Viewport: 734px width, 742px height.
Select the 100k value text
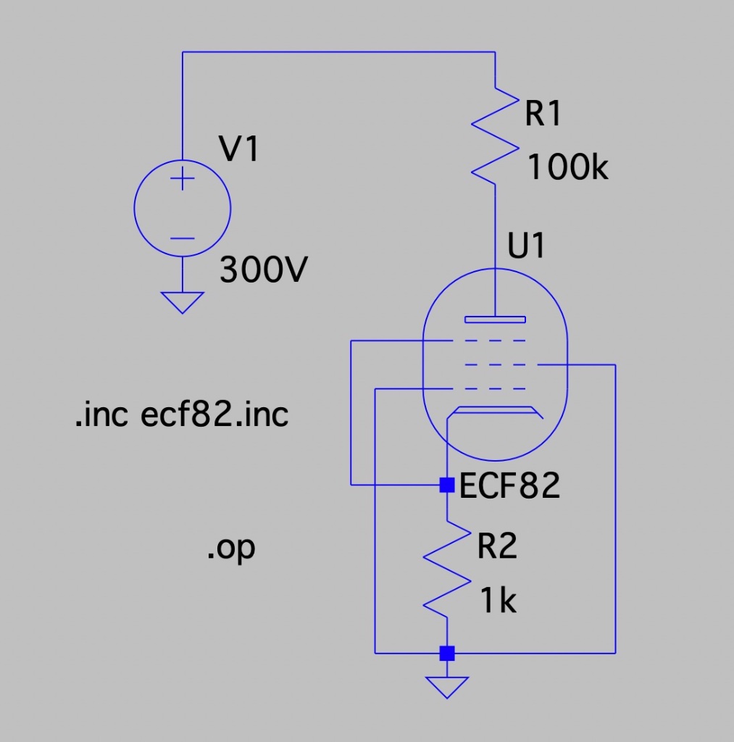coord(567,168)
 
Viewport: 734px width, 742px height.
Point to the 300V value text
coord(264,271)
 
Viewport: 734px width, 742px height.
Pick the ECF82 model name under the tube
coord(510,485)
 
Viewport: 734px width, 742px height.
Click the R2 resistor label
coord(497,546)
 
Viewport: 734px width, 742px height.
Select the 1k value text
coord(498,601)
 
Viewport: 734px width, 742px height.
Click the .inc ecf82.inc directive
coord(182,415)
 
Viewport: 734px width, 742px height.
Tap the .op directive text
coord(231,549)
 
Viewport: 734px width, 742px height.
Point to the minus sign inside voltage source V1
coord(183,238)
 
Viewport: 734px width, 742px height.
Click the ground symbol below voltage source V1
coord(183,301)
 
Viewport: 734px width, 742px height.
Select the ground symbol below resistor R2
coord(447,685)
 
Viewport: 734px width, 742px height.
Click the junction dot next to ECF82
coord(447,484)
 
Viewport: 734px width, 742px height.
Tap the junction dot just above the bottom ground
coord(447,653)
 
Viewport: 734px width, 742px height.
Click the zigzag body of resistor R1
coord(495,136)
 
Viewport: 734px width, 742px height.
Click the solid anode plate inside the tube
coord(495,318)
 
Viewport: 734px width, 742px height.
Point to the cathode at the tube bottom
coord(495,412)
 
